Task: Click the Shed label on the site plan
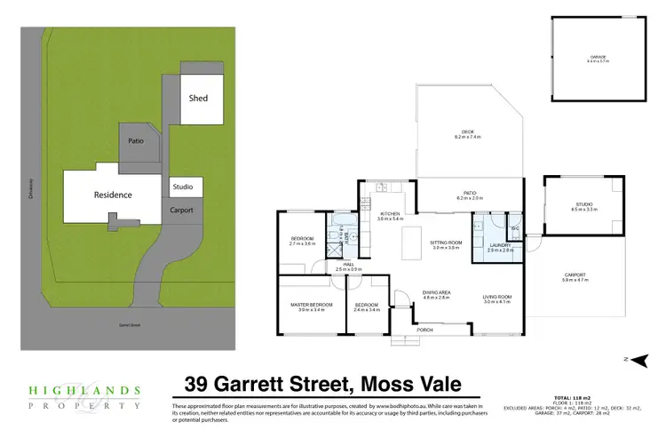pos(198,98)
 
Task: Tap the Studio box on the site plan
pos(186,187)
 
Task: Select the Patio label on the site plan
pos(136,140)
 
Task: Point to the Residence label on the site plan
pos(113,195)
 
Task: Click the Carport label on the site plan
pos(184,211)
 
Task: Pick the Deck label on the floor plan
pos(467,135)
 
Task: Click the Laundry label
pos(501,247)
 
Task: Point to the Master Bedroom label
pos(311,307)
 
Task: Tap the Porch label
pos(425,330)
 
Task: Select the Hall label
pos(340,264)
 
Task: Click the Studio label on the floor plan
pos(584,205)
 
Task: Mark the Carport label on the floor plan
pos(575,276)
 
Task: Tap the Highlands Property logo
pos(83,395)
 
